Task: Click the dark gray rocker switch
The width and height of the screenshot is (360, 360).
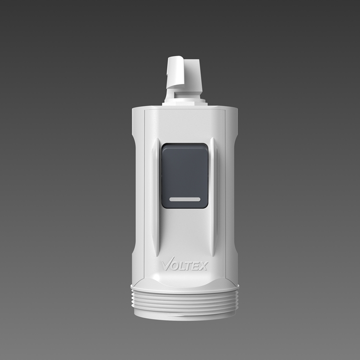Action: (185, 176)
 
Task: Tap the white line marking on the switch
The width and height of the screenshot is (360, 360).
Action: (185, 199)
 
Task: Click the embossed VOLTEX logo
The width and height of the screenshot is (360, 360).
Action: (185, 264)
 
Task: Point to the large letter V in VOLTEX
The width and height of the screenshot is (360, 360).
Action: (167, 264)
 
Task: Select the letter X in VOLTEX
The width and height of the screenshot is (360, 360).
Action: (203, 266)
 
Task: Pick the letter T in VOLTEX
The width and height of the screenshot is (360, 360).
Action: (189, 266)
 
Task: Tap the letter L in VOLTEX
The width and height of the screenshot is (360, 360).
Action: (183, 266)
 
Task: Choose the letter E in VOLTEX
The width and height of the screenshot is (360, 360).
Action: (196, 266)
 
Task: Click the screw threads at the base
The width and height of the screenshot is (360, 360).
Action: (185, 301)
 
